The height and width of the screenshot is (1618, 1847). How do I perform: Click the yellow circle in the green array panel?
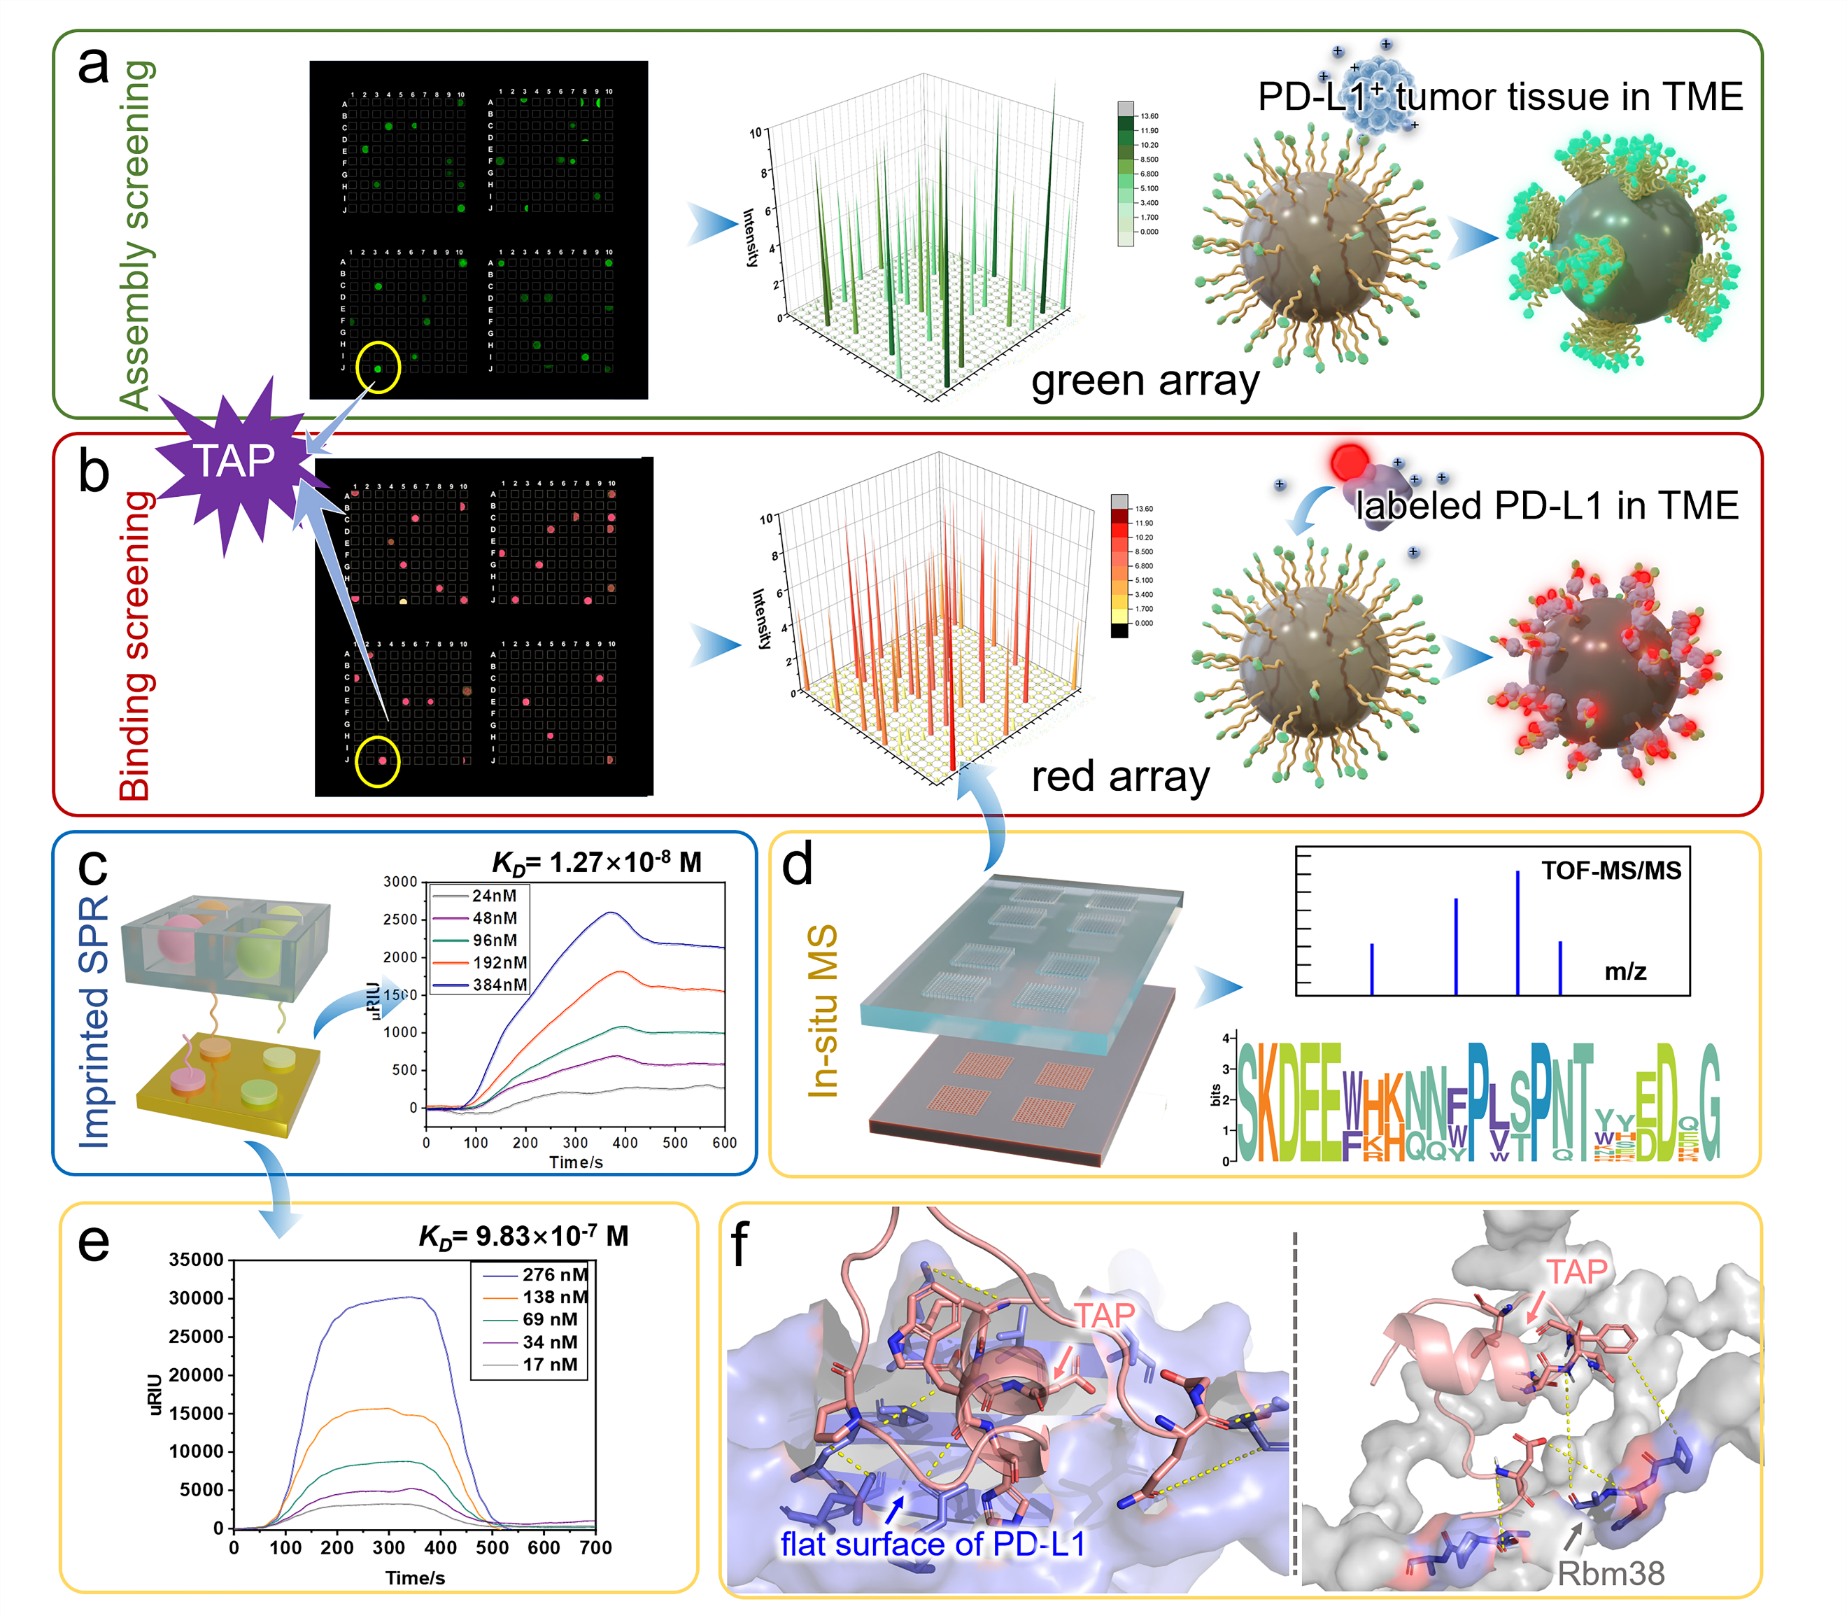pyautogui.click(x=377, y=367)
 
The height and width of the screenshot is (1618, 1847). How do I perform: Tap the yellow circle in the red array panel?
pyautogui.click(x=377, y=761)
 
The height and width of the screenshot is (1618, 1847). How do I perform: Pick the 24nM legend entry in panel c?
pyautogui.click(x=494, y=896)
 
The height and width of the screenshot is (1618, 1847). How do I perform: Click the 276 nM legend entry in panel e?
pyautogui.click(x=554, y=1274)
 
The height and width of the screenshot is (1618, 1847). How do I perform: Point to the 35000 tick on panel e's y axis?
pyautogui.click(x=196, y=1260)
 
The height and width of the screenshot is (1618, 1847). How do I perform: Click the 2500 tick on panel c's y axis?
pyautogui.click(x=400, y=919)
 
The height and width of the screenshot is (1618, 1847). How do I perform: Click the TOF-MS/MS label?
pyautogui.click(x=1611, y=871)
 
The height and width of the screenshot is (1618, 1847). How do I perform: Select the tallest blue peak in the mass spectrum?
pyautogui.click(x=1517, y=930)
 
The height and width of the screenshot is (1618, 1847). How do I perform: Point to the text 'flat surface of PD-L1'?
pyautogui.click(x=933, y=1544)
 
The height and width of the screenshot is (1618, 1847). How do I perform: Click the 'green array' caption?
pyautogui.click(x=1145, y=381)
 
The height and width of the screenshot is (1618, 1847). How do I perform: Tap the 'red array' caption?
pyautogui.click(x=1120, y=777)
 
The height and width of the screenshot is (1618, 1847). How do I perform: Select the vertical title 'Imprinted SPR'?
pyautogui.click(x=94, y=1020)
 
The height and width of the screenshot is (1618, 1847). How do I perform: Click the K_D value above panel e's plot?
pyautogui.click(x=523, y=1236)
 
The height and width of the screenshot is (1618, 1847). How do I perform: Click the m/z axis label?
pyautogui.click(x=1625, y=971)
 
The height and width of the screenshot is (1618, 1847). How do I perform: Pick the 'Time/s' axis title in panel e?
pyautogui.click(x=416, y=1577)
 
